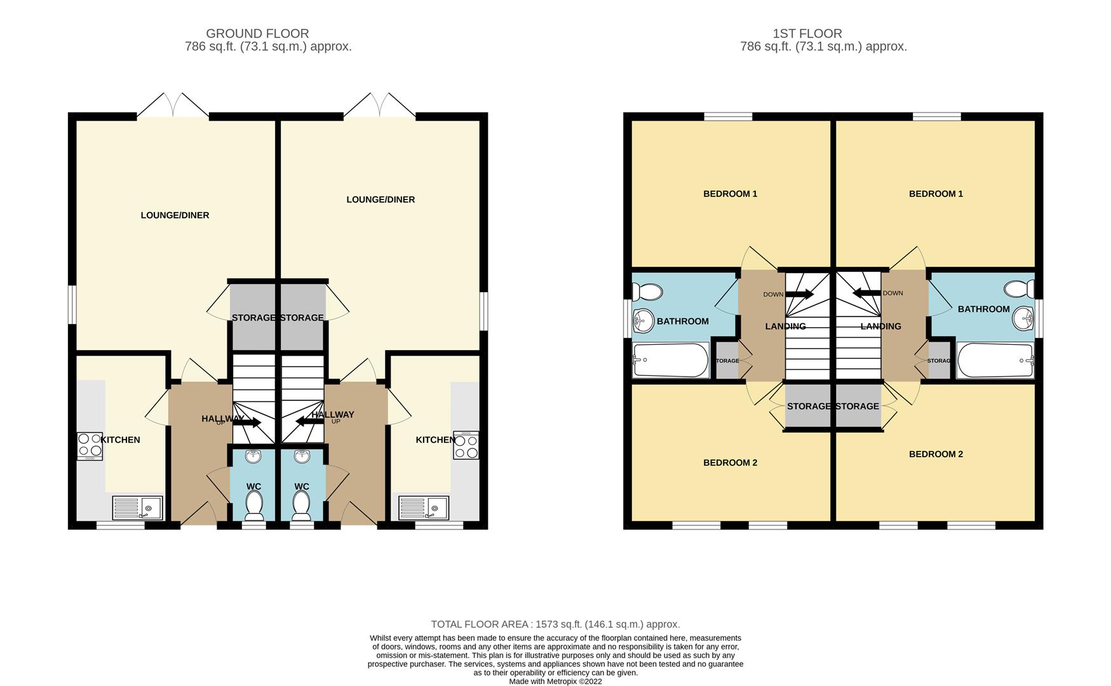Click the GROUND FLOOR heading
point(257,34)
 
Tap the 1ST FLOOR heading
point(807,34)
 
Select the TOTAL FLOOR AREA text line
point(555,624)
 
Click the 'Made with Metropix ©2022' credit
point(555,682)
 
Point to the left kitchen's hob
point(90,446)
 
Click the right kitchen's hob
point(466,445)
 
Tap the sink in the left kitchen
point(137,508)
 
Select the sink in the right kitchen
point(424,508)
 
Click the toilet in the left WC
point(254,506)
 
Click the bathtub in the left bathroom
point(670,360)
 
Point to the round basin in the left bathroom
point(643,321)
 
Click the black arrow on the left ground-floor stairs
point(246,422)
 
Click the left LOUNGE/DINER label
point(175,215)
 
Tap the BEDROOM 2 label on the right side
point(936,454)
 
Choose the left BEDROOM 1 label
point(730,194)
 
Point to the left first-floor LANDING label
point(785,326)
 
